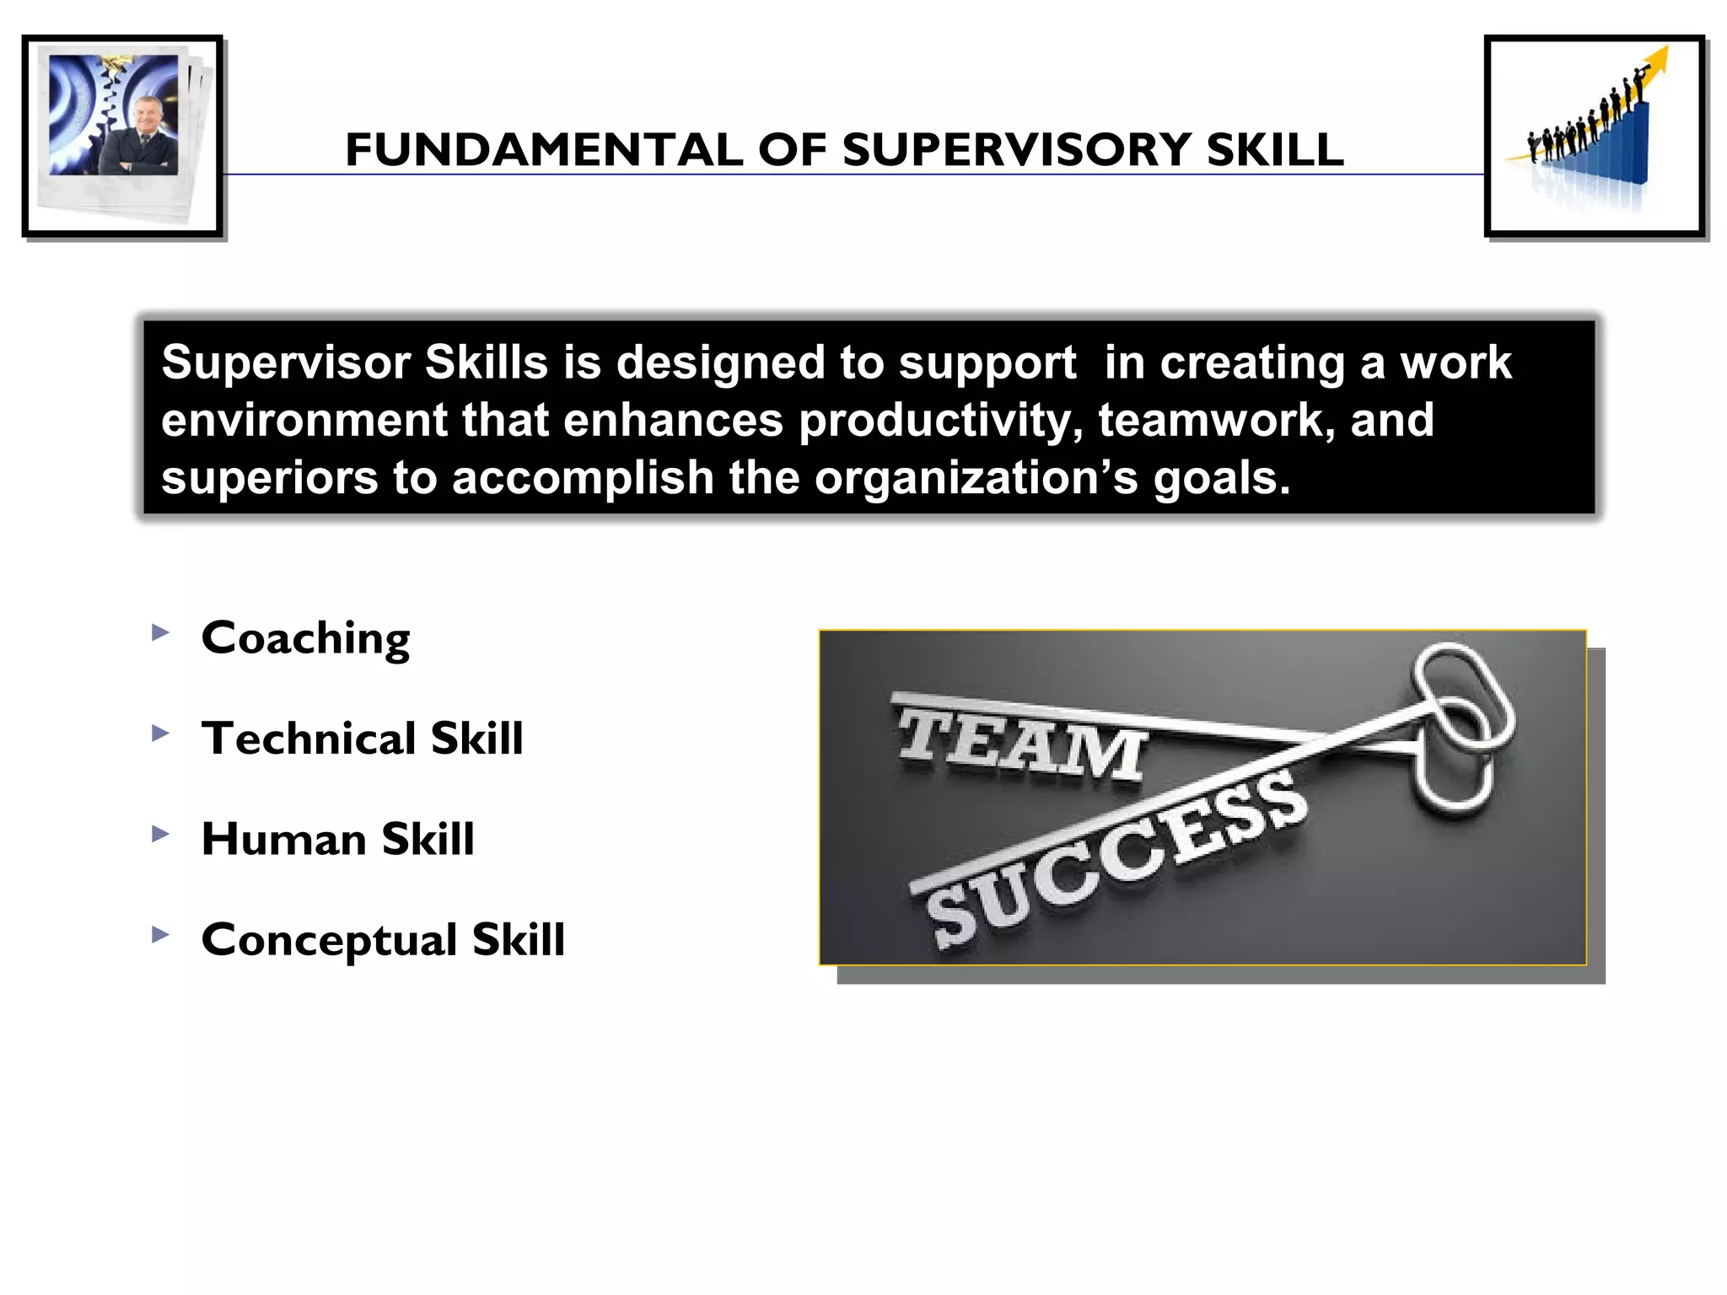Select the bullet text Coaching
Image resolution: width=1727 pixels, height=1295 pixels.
pos(305,638)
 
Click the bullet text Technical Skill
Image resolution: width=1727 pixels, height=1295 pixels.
pos(362,739)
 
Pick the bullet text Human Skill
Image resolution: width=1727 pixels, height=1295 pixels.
pos(337,839)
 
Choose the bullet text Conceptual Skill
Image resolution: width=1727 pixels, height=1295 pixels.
pos(383,939)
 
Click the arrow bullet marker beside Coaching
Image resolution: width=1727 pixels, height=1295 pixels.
pos(160,632)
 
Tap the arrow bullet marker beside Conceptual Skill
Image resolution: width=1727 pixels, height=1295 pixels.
pos(160,934)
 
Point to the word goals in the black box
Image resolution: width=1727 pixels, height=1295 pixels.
pos(1220,478)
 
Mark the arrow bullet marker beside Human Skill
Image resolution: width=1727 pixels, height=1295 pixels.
pos(160,834)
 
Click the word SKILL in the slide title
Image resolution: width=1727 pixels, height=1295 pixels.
pos(1274,150)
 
